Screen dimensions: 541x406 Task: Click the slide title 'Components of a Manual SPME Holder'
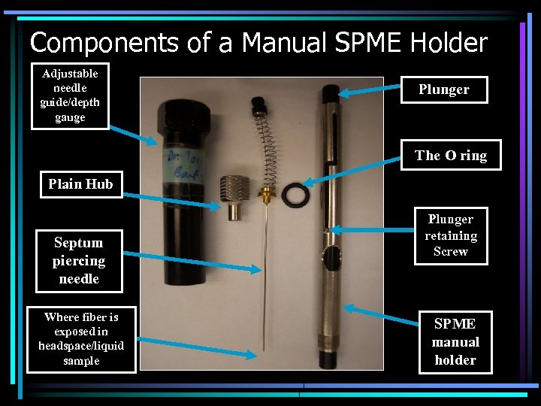(258, 43)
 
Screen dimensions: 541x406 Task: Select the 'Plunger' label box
(443, 89)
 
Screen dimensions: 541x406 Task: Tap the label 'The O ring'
(450, 156)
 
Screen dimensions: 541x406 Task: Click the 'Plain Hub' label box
(80, 184)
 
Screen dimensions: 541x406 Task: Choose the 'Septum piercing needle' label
(78, 261)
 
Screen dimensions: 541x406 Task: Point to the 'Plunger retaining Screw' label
(450, 235)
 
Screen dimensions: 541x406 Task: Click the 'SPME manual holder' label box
(455, 342)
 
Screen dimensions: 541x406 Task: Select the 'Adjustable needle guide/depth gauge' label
(70, 95)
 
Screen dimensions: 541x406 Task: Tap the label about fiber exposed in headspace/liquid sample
(81, 340)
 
